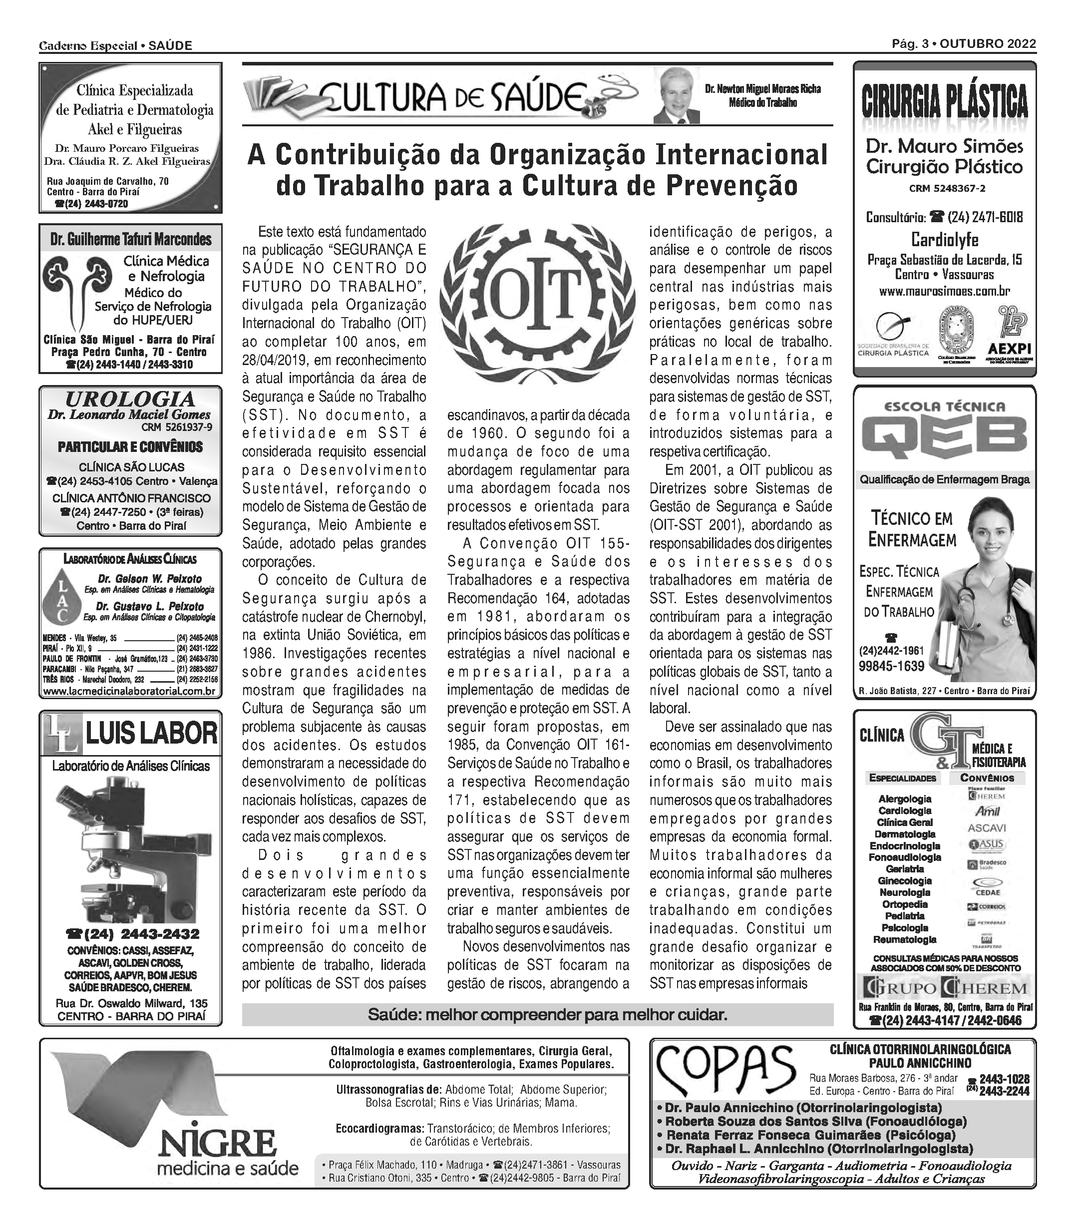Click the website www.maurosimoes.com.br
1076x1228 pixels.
pyautogui.click(x=945, y=292)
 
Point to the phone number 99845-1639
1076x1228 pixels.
pyautogui.click(x=891, y=666)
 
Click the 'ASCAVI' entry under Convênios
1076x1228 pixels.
pyautogui.click(x=987, y=827)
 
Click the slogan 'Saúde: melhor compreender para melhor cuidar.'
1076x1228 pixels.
pyautogui.click(x=547, y=1015)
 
